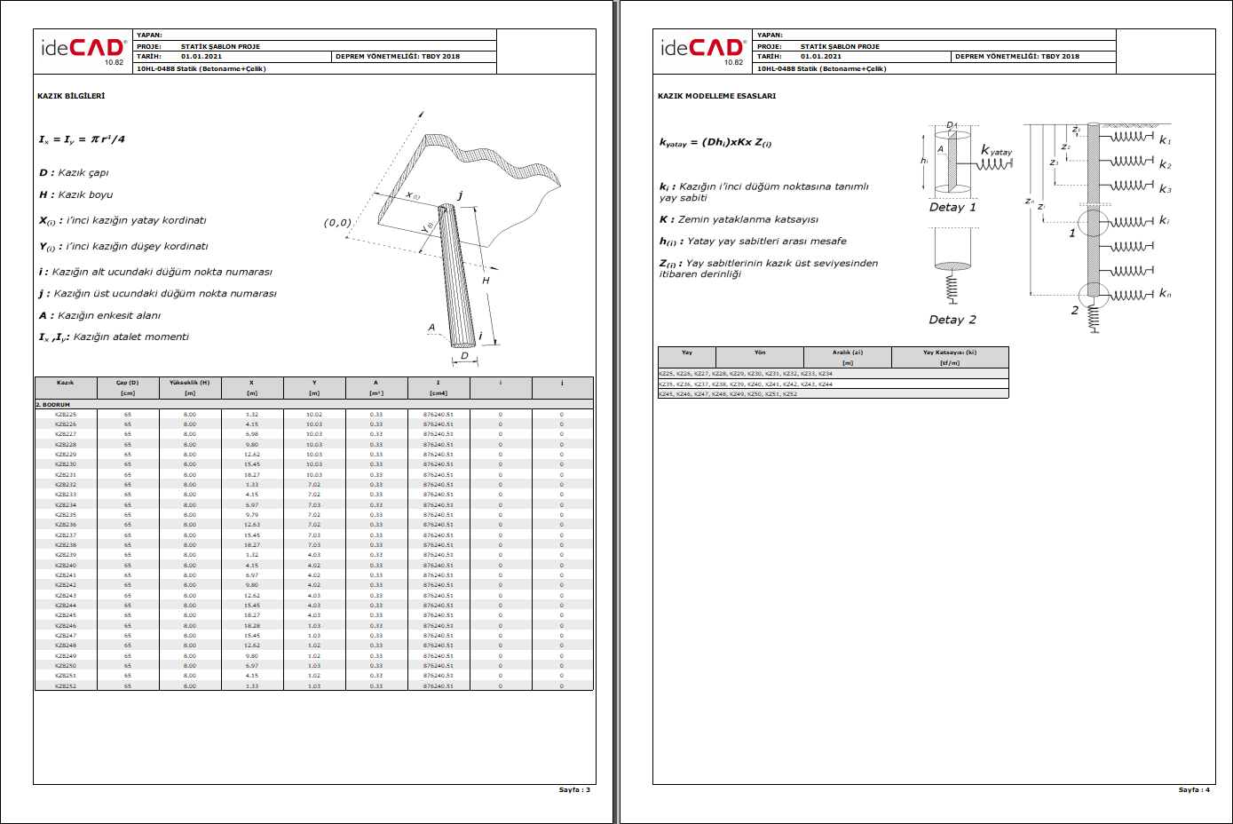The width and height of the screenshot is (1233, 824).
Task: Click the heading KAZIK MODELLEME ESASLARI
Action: tap(716, 96)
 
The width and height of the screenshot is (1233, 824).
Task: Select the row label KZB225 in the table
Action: tap(66, 415)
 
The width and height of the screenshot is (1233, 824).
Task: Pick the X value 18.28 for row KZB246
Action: tap(252, 626)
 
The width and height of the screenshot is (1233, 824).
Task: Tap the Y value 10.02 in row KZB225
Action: tap(314, 415)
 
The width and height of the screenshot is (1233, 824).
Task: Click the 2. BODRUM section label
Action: tap(52, 405)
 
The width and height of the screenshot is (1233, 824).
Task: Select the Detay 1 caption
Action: tap(952, 208)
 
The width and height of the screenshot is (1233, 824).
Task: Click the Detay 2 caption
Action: tap(952, 320)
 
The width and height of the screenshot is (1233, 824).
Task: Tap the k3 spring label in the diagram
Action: tap(1166, 189)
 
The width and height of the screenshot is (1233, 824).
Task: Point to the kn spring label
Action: tap(1166, 294)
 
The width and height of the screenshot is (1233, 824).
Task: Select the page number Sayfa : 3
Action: tap(574, 789)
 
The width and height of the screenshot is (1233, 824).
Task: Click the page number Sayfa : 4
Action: tap(1194, 789)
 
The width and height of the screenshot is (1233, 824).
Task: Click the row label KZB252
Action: tap(66, 686)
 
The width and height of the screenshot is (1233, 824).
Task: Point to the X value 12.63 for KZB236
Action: tap(252, 525)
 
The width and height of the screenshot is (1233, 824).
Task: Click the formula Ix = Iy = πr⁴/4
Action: tap(82, 139)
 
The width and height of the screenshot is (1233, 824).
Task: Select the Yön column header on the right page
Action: tap(760, 353)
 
